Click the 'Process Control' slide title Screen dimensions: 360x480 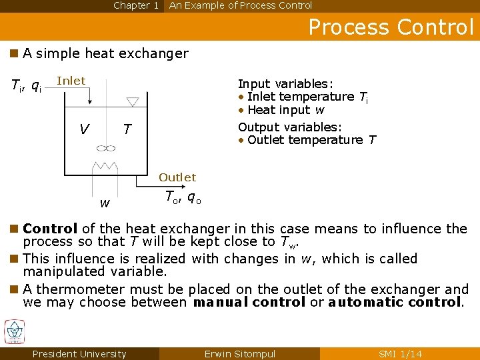coord(391,27)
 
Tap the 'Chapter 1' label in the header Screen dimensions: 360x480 coord(136,5)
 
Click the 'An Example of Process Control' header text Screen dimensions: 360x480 coord(240,5)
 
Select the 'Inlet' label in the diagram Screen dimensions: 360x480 coord(71,81)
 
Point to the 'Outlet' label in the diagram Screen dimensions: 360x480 coord(177,177)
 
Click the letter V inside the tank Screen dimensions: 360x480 coord(84,129)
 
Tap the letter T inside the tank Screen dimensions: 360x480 coord(127,129)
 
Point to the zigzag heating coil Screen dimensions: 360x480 coord(105,165)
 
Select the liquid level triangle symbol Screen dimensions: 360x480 coord(132,101)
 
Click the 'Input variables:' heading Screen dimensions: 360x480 coord(285,84)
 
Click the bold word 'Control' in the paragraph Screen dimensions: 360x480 coord(50,229)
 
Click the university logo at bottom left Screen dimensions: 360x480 coord(14,332)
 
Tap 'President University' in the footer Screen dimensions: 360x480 coord(79,354)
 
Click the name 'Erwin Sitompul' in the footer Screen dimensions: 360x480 coord(239,354)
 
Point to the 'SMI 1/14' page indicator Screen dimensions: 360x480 coord(400,354)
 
